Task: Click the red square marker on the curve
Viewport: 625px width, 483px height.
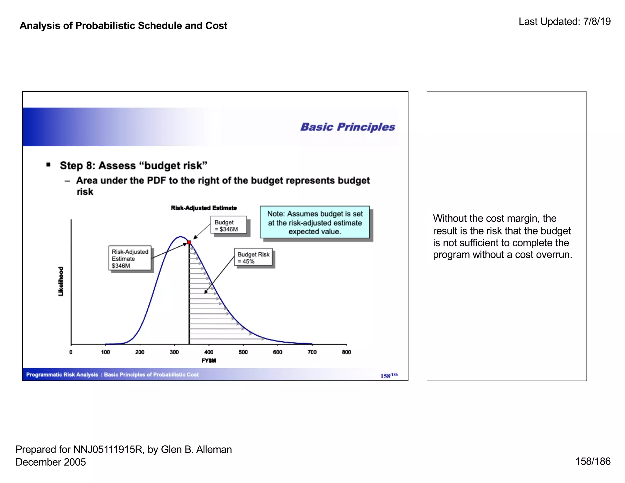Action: (189, 242)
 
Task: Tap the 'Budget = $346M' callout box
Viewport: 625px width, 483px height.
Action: (228, 225)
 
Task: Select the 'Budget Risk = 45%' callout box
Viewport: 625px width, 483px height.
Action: (253, 258)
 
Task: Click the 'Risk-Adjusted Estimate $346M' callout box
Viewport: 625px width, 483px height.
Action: (130, 258)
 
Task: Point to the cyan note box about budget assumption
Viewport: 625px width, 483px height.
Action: (315, 222)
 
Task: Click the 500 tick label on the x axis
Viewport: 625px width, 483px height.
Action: (243, 352)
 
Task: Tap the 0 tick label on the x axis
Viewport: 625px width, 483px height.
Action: (71, 352)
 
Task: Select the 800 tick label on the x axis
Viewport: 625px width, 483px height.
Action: (346, 352)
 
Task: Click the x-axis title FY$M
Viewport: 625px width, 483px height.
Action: (208, 361)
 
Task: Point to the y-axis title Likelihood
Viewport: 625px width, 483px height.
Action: (61, 281)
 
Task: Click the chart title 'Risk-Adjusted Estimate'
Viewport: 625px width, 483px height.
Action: (204, 208)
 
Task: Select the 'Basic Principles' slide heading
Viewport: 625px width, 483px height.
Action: (348, 127)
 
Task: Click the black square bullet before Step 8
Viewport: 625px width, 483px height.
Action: (48, 165)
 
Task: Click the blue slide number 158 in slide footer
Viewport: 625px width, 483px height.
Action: (385, 376)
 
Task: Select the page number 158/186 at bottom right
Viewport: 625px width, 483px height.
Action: (593, 461)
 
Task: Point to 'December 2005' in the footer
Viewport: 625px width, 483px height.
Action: (51, 462)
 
